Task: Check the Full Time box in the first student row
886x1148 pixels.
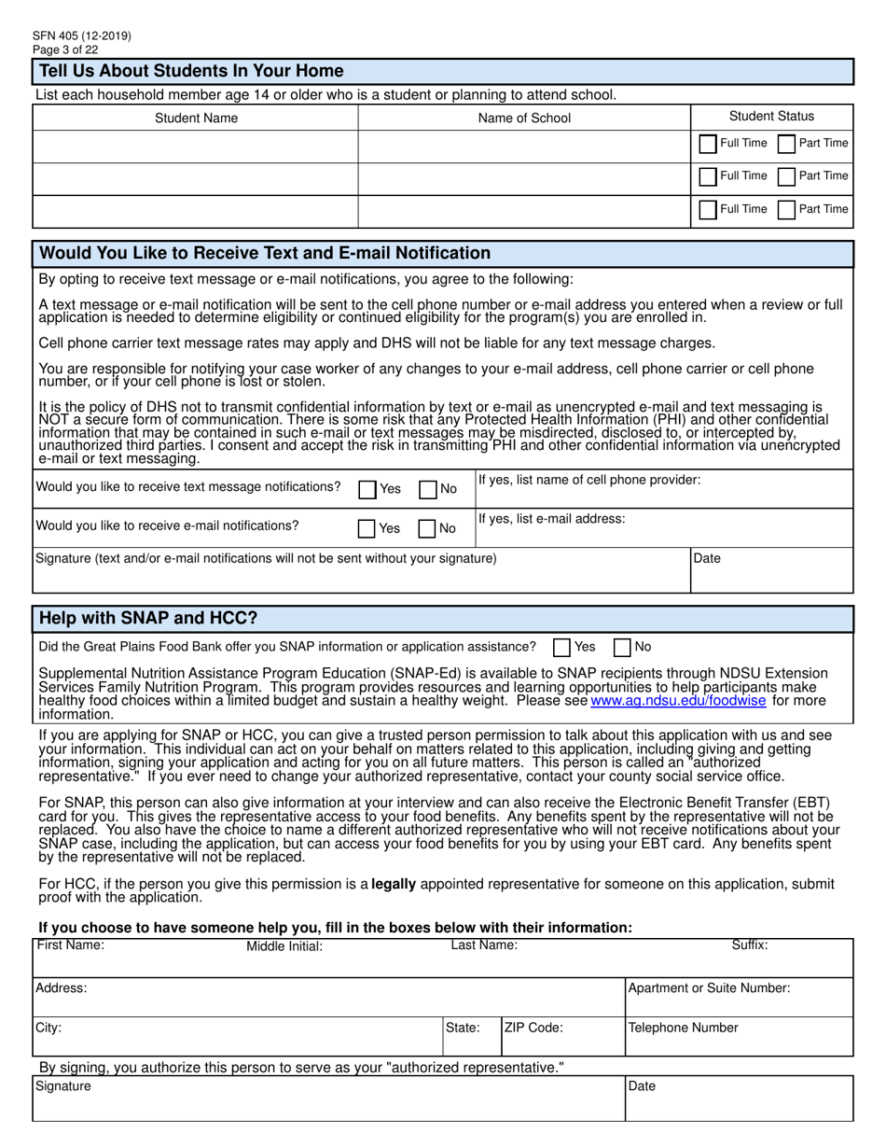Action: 708,144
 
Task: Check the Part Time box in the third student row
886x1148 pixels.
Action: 786,210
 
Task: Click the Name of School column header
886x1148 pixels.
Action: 524,118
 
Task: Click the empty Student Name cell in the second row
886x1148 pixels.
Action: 196,178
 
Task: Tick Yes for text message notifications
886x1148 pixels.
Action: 368,489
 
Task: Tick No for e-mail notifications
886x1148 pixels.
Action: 427,528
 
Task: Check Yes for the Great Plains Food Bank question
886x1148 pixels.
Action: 561,647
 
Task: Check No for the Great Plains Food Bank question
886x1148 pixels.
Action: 622,647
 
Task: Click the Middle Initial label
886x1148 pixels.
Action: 284,946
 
